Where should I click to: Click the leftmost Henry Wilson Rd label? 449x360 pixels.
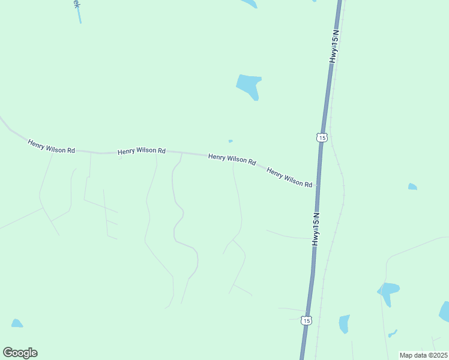(x=51, y=146)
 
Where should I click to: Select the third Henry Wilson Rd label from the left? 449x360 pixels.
(x=232, y=159)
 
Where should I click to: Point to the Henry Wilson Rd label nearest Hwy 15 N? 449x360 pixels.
(x=290, y=177)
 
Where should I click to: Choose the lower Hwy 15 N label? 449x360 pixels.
(x=316, y=229)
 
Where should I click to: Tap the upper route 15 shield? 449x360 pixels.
(x=322, y=137)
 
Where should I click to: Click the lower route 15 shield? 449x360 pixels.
(x=307, y=321)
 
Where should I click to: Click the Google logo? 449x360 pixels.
(x=20, y=353)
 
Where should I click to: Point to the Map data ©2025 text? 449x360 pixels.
(x=423, y=355)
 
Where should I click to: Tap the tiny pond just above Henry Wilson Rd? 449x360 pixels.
(x=231, y=142)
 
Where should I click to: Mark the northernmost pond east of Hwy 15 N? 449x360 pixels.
(x=412, y=187)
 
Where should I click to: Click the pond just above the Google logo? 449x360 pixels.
(x=17, y=323)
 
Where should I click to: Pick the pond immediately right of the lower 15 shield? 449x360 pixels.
(x=344, y=323)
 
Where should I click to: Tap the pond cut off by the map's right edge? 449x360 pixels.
(x=445, y=312)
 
